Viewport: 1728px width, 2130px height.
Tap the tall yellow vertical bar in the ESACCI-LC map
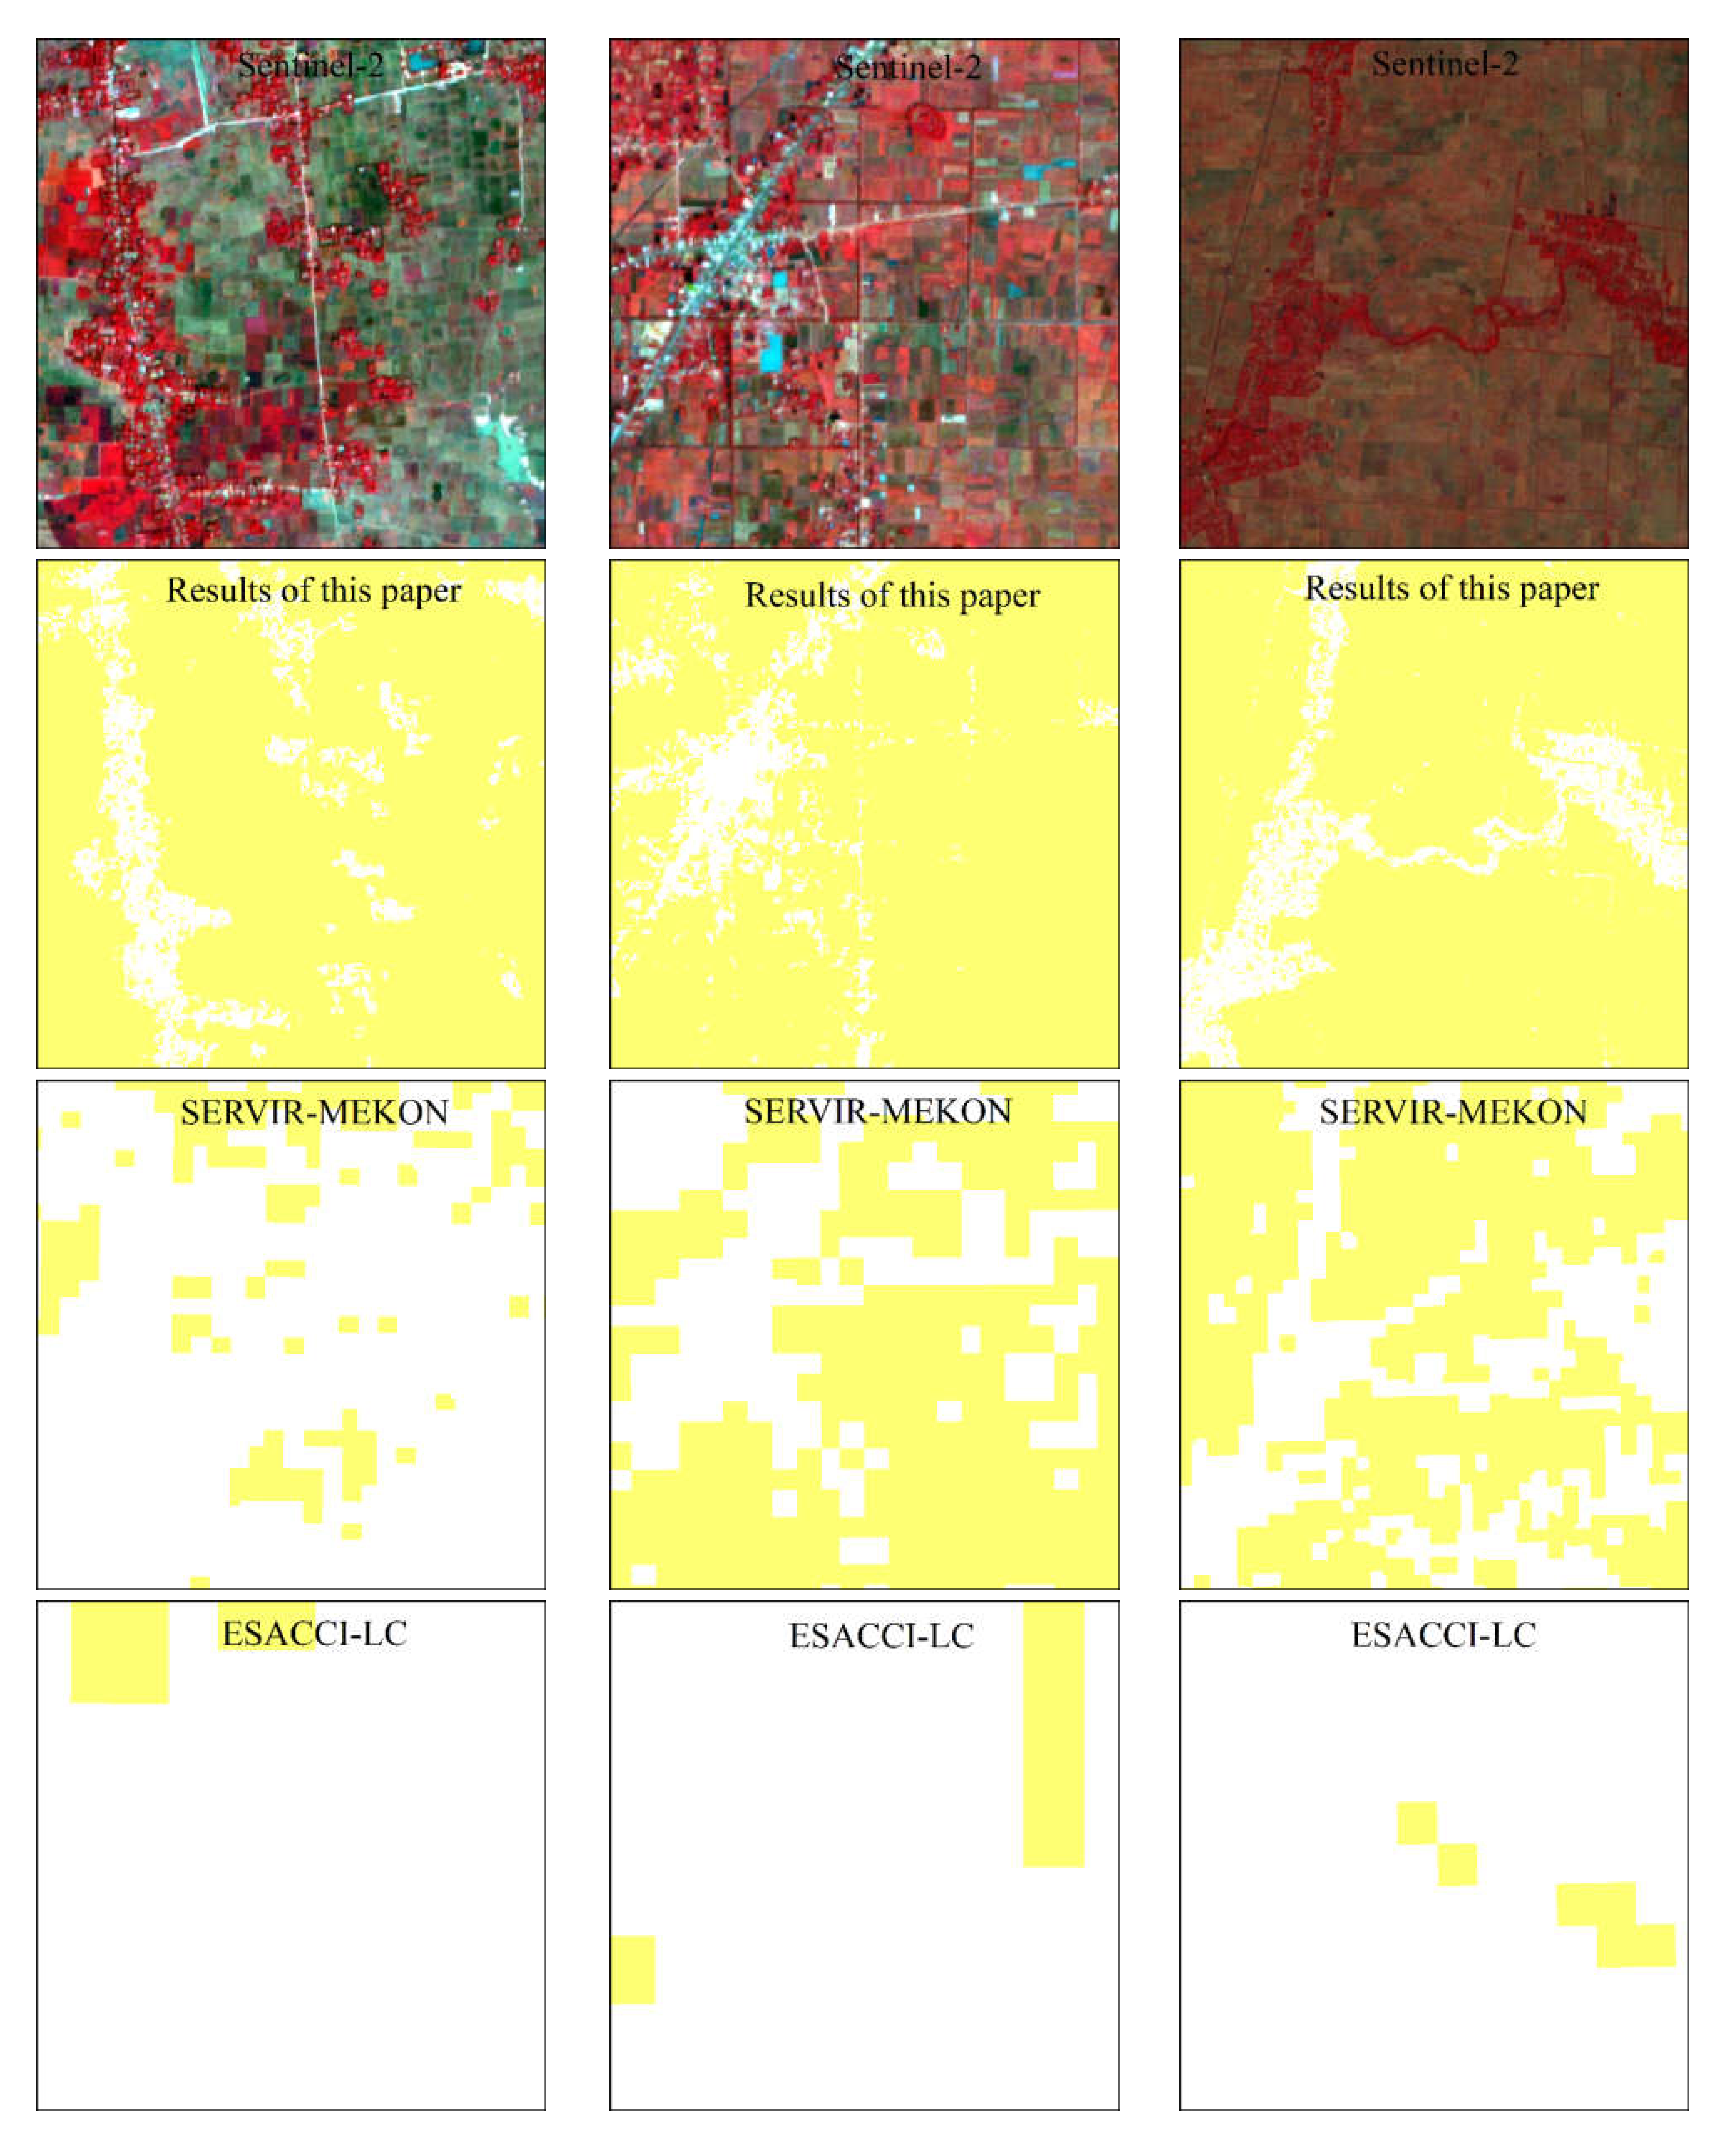point(1053,1733)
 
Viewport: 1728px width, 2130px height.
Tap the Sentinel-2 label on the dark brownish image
point(1444,65)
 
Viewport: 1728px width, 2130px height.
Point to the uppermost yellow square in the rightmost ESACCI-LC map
point(1416,1822)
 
